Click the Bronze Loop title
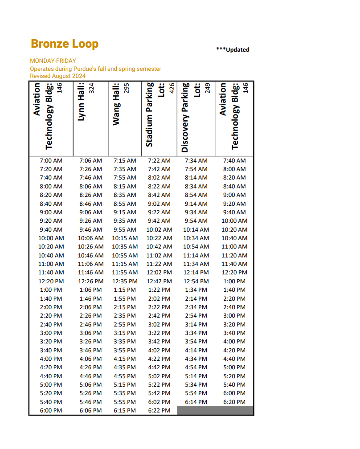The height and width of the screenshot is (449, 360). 65,44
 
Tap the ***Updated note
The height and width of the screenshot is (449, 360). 233,50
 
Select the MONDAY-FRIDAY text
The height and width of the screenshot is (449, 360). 53,61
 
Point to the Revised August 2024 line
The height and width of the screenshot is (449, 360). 57,76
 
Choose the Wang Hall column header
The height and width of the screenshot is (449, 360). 116,105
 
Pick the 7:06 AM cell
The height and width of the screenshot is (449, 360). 90,160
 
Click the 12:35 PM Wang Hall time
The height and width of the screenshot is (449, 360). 125,282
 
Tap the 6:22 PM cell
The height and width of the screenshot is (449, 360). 159,411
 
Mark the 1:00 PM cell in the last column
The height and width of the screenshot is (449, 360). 234,282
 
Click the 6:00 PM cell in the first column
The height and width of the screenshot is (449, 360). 51,411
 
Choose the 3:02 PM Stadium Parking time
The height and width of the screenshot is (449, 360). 159,325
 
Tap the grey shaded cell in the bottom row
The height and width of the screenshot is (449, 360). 215,411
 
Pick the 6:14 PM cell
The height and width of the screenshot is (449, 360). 196,402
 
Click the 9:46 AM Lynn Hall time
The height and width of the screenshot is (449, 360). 90,230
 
